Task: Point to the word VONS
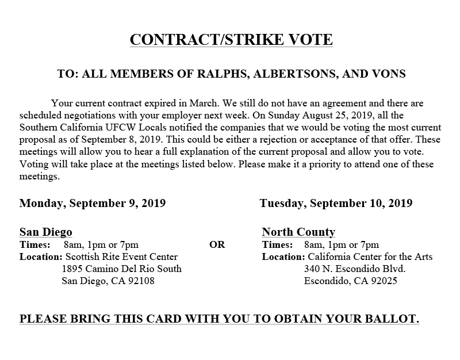tap(389, 74)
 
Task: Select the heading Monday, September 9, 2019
tap(93, 203)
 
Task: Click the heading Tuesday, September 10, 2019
tap(336, 203)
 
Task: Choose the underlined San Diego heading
tap(46, 232)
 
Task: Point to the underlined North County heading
tap(298, 232)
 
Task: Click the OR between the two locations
tap(217, 244)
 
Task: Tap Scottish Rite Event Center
tap(122, 256)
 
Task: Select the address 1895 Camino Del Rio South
tap(121, 269)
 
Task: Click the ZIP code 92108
tap(141, 281)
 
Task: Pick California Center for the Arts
tap(370, 256)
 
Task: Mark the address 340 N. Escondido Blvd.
tap(355, 269)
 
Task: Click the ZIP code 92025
tap(384, 281)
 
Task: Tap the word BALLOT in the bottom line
tap(386, 319)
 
